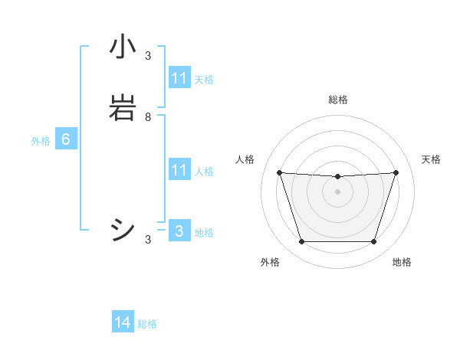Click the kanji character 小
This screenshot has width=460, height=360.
tap(123, 48)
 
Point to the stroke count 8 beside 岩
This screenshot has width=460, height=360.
tap(148, 117)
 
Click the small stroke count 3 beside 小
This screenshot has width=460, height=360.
tap(148, 56)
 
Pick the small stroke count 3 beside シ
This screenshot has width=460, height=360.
tap(148, 240)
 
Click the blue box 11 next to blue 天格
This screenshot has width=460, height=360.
tap(179, 78)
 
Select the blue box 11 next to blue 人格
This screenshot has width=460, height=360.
tap(179, 170)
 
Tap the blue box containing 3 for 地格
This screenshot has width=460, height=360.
tap(179, 231)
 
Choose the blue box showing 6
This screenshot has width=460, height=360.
tap(66, 139)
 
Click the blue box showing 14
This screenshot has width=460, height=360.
tap(123, 322)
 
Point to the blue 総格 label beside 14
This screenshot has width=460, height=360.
tap(147, 324)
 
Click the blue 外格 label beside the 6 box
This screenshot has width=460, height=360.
tap(41, 141)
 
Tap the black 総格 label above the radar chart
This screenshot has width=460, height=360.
tap(338, 100)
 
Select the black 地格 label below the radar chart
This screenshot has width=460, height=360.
tap(402, 263)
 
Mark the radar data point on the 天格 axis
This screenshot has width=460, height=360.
tap(396, 173)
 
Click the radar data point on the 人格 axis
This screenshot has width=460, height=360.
tap(280, 173)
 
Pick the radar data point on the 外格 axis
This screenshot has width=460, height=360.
tap(301, 242)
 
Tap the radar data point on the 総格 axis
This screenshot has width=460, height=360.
tap(338, 177)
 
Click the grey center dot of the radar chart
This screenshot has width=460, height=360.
tap(338, 191)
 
